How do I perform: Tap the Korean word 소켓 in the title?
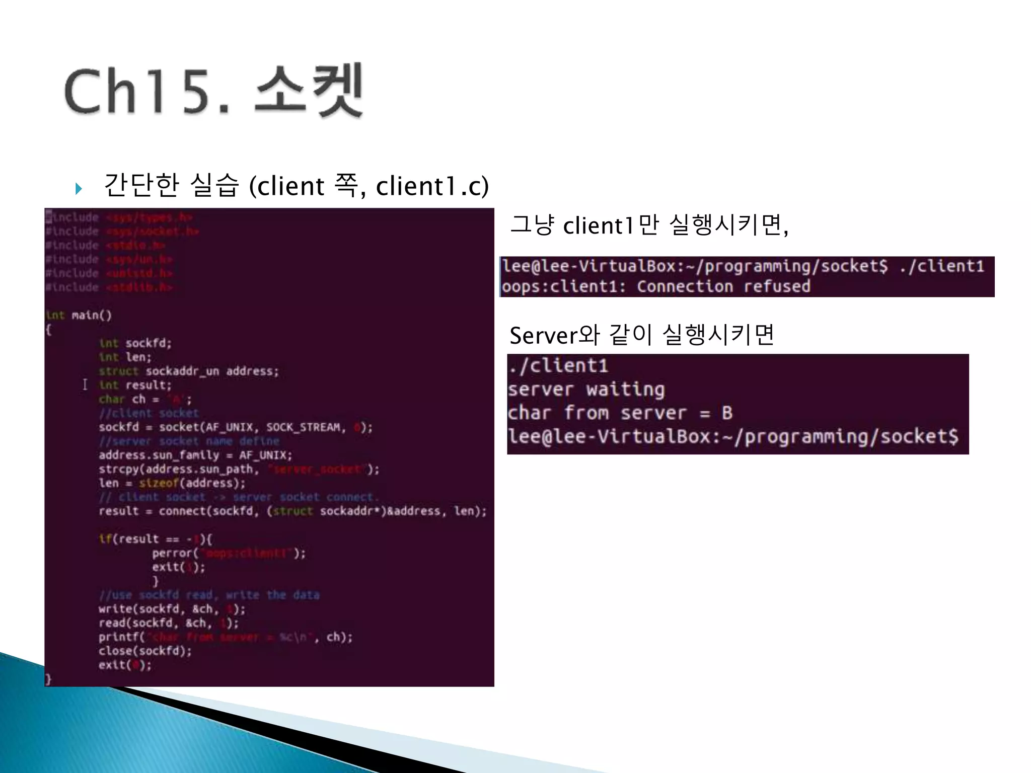pos(308,91)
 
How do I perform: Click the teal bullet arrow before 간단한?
pos(79,189)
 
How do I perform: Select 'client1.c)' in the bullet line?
pos(432,186)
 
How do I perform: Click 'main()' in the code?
pos(92,316)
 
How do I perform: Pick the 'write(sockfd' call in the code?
pos(138,609)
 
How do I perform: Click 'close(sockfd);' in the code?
pos(145,651)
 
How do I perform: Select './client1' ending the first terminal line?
pos(941,266)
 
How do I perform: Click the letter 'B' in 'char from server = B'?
pos(727,413)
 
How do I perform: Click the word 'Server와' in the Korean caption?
pos(554,335)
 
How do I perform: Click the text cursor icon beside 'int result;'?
pos(85,385)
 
